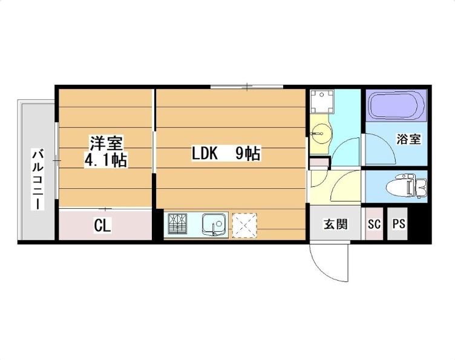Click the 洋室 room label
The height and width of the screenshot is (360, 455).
[106, 143]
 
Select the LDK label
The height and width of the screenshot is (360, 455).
[205, 154]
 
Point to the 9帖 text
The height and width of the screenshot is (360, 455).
[247, 154]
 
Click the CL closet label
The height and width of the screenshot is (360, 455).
[102, 226]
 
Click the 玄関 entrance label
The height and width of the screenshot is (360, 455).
[335, 224]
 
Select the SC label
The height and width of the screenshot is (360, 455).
[374, 224]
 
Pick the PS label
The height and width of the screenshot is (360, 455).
[398, 224]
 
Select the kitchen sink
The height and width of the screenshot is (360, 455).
[214, 225]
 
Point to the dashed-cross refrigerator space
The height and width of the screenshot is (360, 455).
[244, 225]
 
